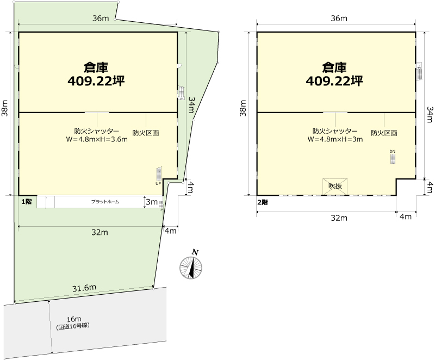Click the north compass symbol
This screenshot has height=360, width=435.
tap(191, 268)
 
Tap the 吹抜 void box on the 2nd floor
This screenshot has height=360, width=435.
tap(335, 186)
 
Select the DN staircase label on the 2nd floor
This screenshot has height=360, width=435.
tap(392, 151)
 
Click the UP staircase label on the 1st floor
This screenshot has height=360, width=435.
tap(158, 184)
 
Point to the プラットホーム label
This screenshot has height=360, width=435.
tap(105, 202)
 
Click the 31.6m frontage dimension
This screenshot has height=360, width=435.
tap(84, 288)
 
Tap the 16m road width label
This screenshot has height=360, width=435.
tap(74, 319)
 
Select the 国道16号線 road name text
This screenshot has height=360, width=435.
tap(73, 326)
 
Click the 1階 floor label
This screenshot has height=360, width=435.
tap(27, 202)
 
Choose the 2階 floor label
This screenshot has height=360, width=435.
tap(263, 202)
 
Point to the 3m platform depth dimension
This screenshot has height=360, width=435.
tap(152, 202)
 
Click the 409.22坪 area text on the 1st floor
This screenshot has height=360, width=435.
tap(96, 81)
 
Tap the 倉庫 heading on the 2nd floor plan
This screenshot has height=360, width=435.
tap(334, 67)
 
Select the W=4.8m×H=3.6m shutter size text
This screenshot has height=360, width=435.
tap(97, 139)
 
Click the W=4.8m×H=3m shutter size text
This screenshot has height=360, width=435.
tap(335, 139)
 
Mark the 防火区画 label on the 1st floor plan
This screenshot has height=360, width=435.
tap(146, 133)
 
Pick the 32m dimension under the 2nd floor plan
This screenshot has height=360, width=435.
tap(339, 218)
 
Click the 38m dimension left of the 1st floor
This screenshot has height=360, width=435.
tap(5, 108)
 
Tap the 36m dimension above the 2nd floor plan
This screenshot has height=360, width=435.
tap(339, 18)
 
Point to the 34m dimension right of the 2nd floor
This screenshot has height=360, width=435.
tap(430, 114)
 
